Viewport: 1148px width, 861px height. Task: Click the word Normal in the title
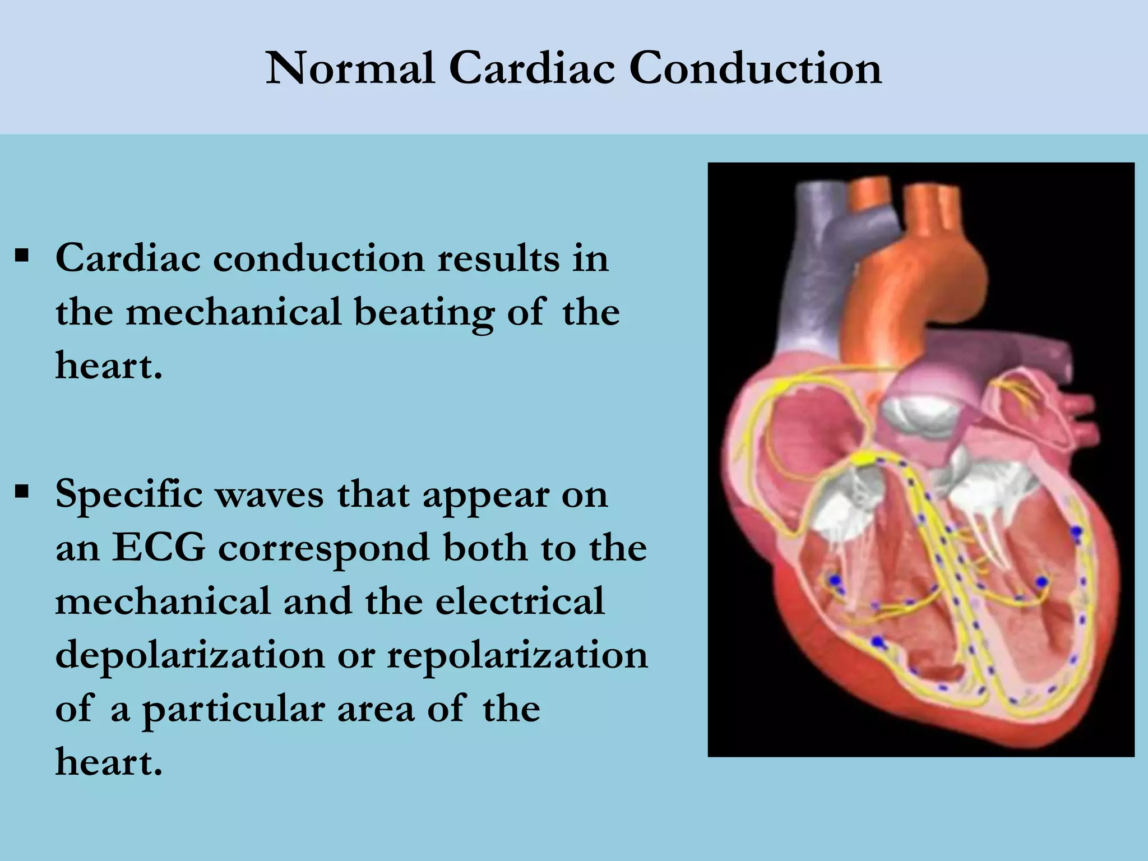point(350,68)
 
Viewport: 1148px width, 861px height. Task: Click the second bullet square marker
point(22,493)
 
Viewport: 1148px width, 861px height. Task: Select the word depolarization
point(190,655)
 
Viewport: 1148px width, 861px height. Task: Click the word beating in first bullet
point(424,313)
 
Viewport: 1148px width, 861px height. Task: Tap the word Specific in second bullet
point(129,495)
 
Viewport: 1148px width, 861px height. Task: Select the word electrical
point(520,601)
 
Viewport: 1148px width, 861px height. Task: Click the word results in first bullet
point(498,259)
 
